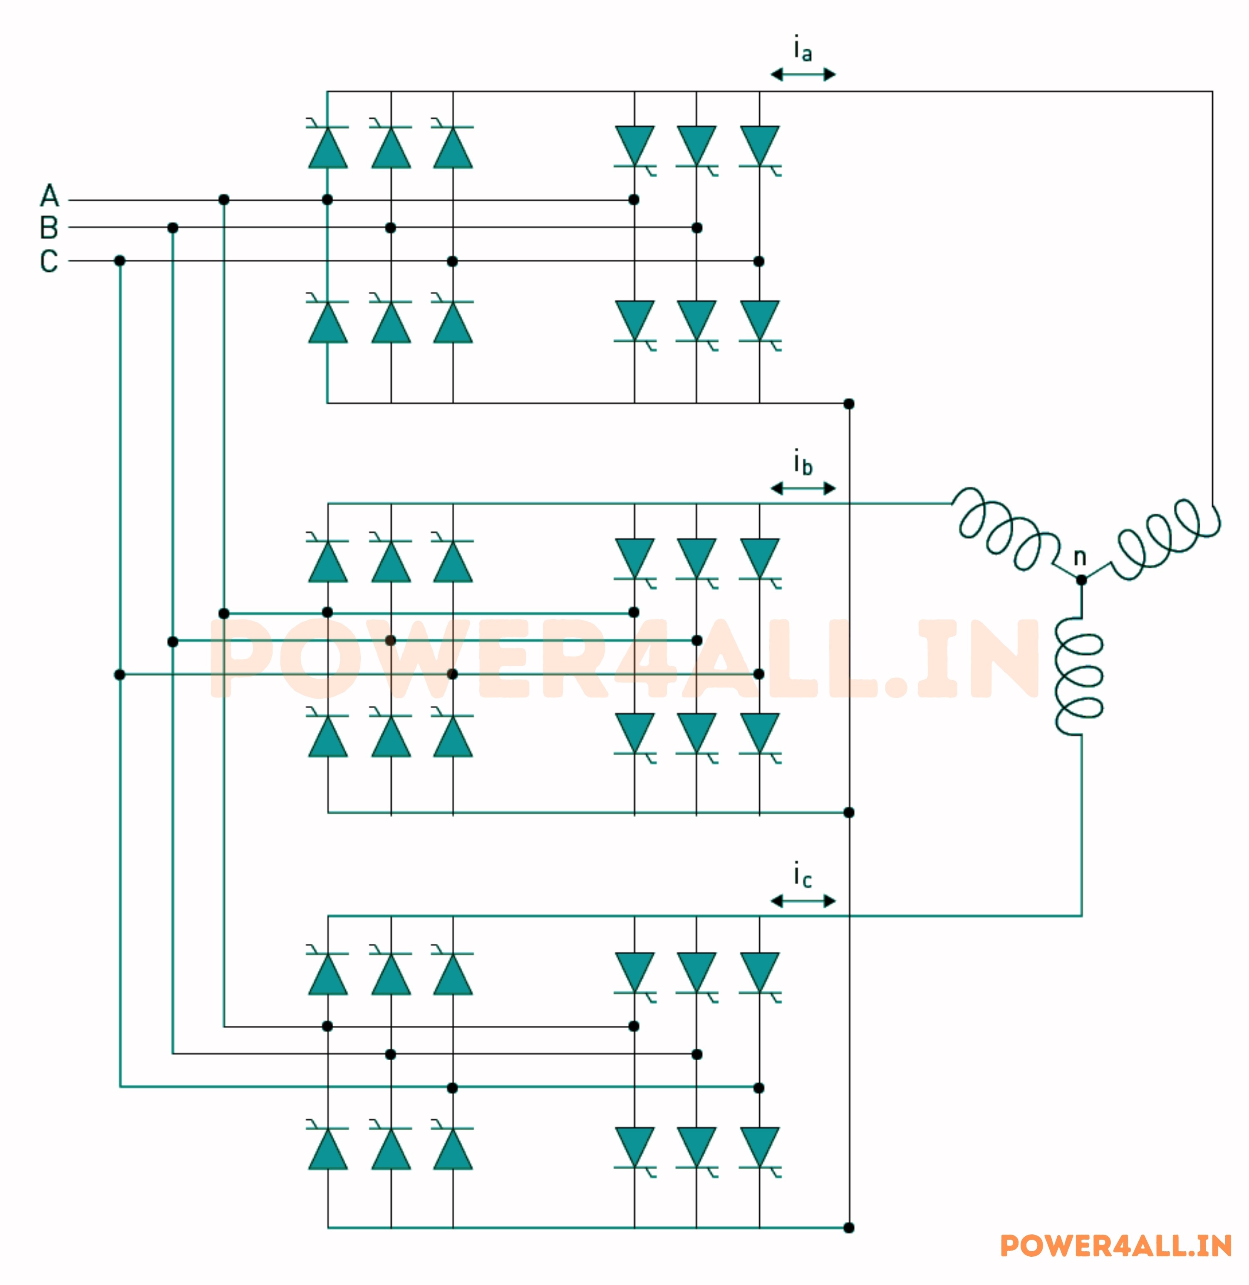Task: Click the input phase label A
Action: [49, 196]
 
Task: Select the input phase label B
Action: [49, 228]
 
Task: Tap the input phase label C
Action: [49, 261]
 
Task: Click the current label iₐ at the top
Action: [802, 50]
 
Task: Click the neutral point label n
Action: [1080, 557]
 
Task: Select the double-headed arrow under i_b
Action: [803, 488]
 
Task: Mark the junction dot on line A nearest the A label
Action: [224, 199]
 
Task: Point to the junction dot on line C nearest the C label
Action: [119, 261]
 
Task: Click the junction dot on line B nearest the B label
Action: [173, 228]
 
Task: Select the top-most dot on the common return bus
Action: [849, 403]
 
